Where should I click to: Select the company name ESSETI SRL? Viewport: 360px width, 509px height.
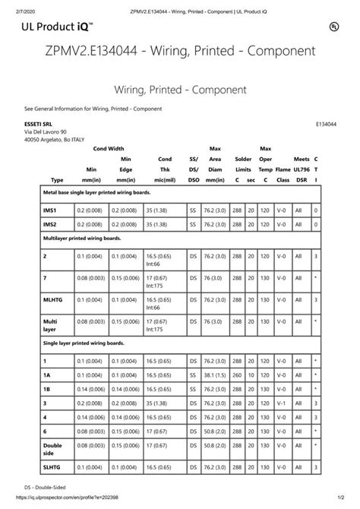(x=39, y=123)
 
